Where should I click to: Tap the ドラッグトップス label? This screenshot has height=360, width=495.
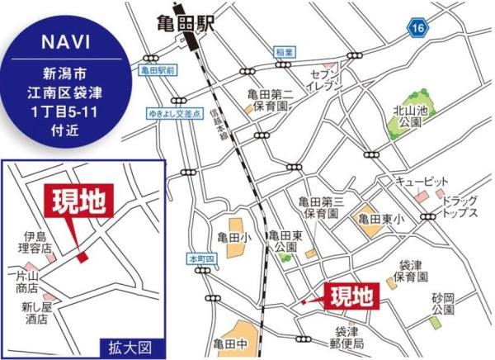click(x=459, y=206)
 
